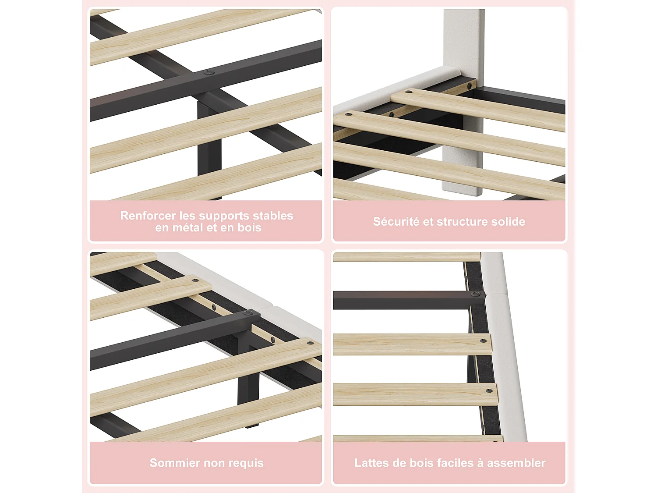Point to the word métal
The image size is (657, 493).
click(187, 227)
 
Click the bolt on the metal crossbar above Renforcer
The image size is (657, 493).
click(209, 72)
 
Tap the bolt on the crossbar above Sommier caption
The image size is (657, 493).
click(248, 313)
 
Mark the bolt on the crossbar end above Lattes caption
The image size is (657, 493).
click(475, 294)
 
